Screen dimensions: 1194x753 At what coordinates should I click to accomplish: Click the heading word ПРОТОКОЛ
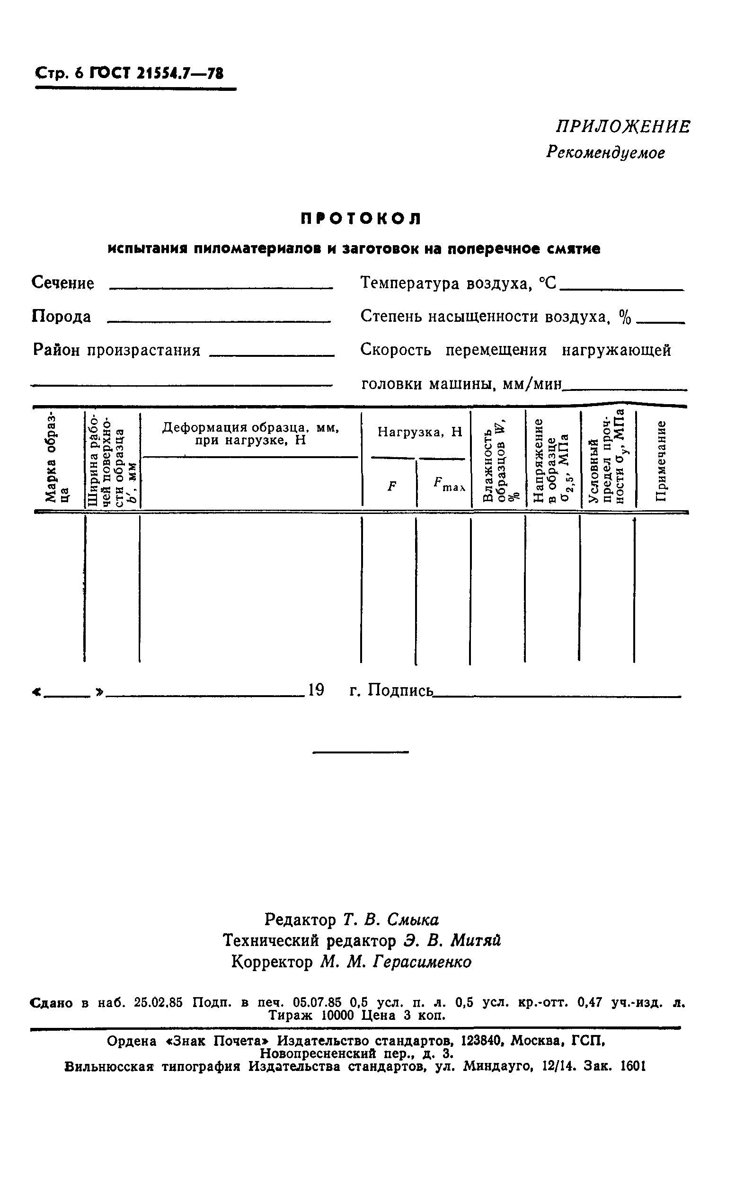[x=361, y=219]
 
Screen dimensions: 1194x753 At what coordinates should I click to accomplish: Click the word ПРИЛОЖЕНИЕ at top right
[x=622, y=127]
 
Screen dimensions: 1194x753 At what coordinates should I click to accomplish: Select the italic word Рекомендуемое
[x=605, y=152]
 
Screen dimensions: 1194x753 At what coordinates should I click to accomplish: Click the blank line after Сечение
[x=221, y=287]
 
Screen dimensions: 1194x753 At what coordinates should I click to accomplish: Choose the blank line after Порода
[x=219, y=321]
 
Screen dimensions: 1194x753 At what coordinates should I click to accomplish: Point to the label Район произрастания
[x=116, y=350]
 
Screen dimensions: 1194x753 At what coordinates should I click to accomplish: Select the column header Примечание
[x=660, y=460]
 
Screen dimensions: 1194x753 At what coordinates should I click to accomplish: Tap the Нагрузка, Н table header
[x=419, y=433]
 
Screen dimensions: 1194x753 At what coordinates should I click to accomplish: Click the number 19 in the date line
[x=316, y=690]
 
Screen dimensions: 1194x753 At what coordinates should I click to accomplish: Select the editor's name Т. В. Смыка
[x=390, y=920]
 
